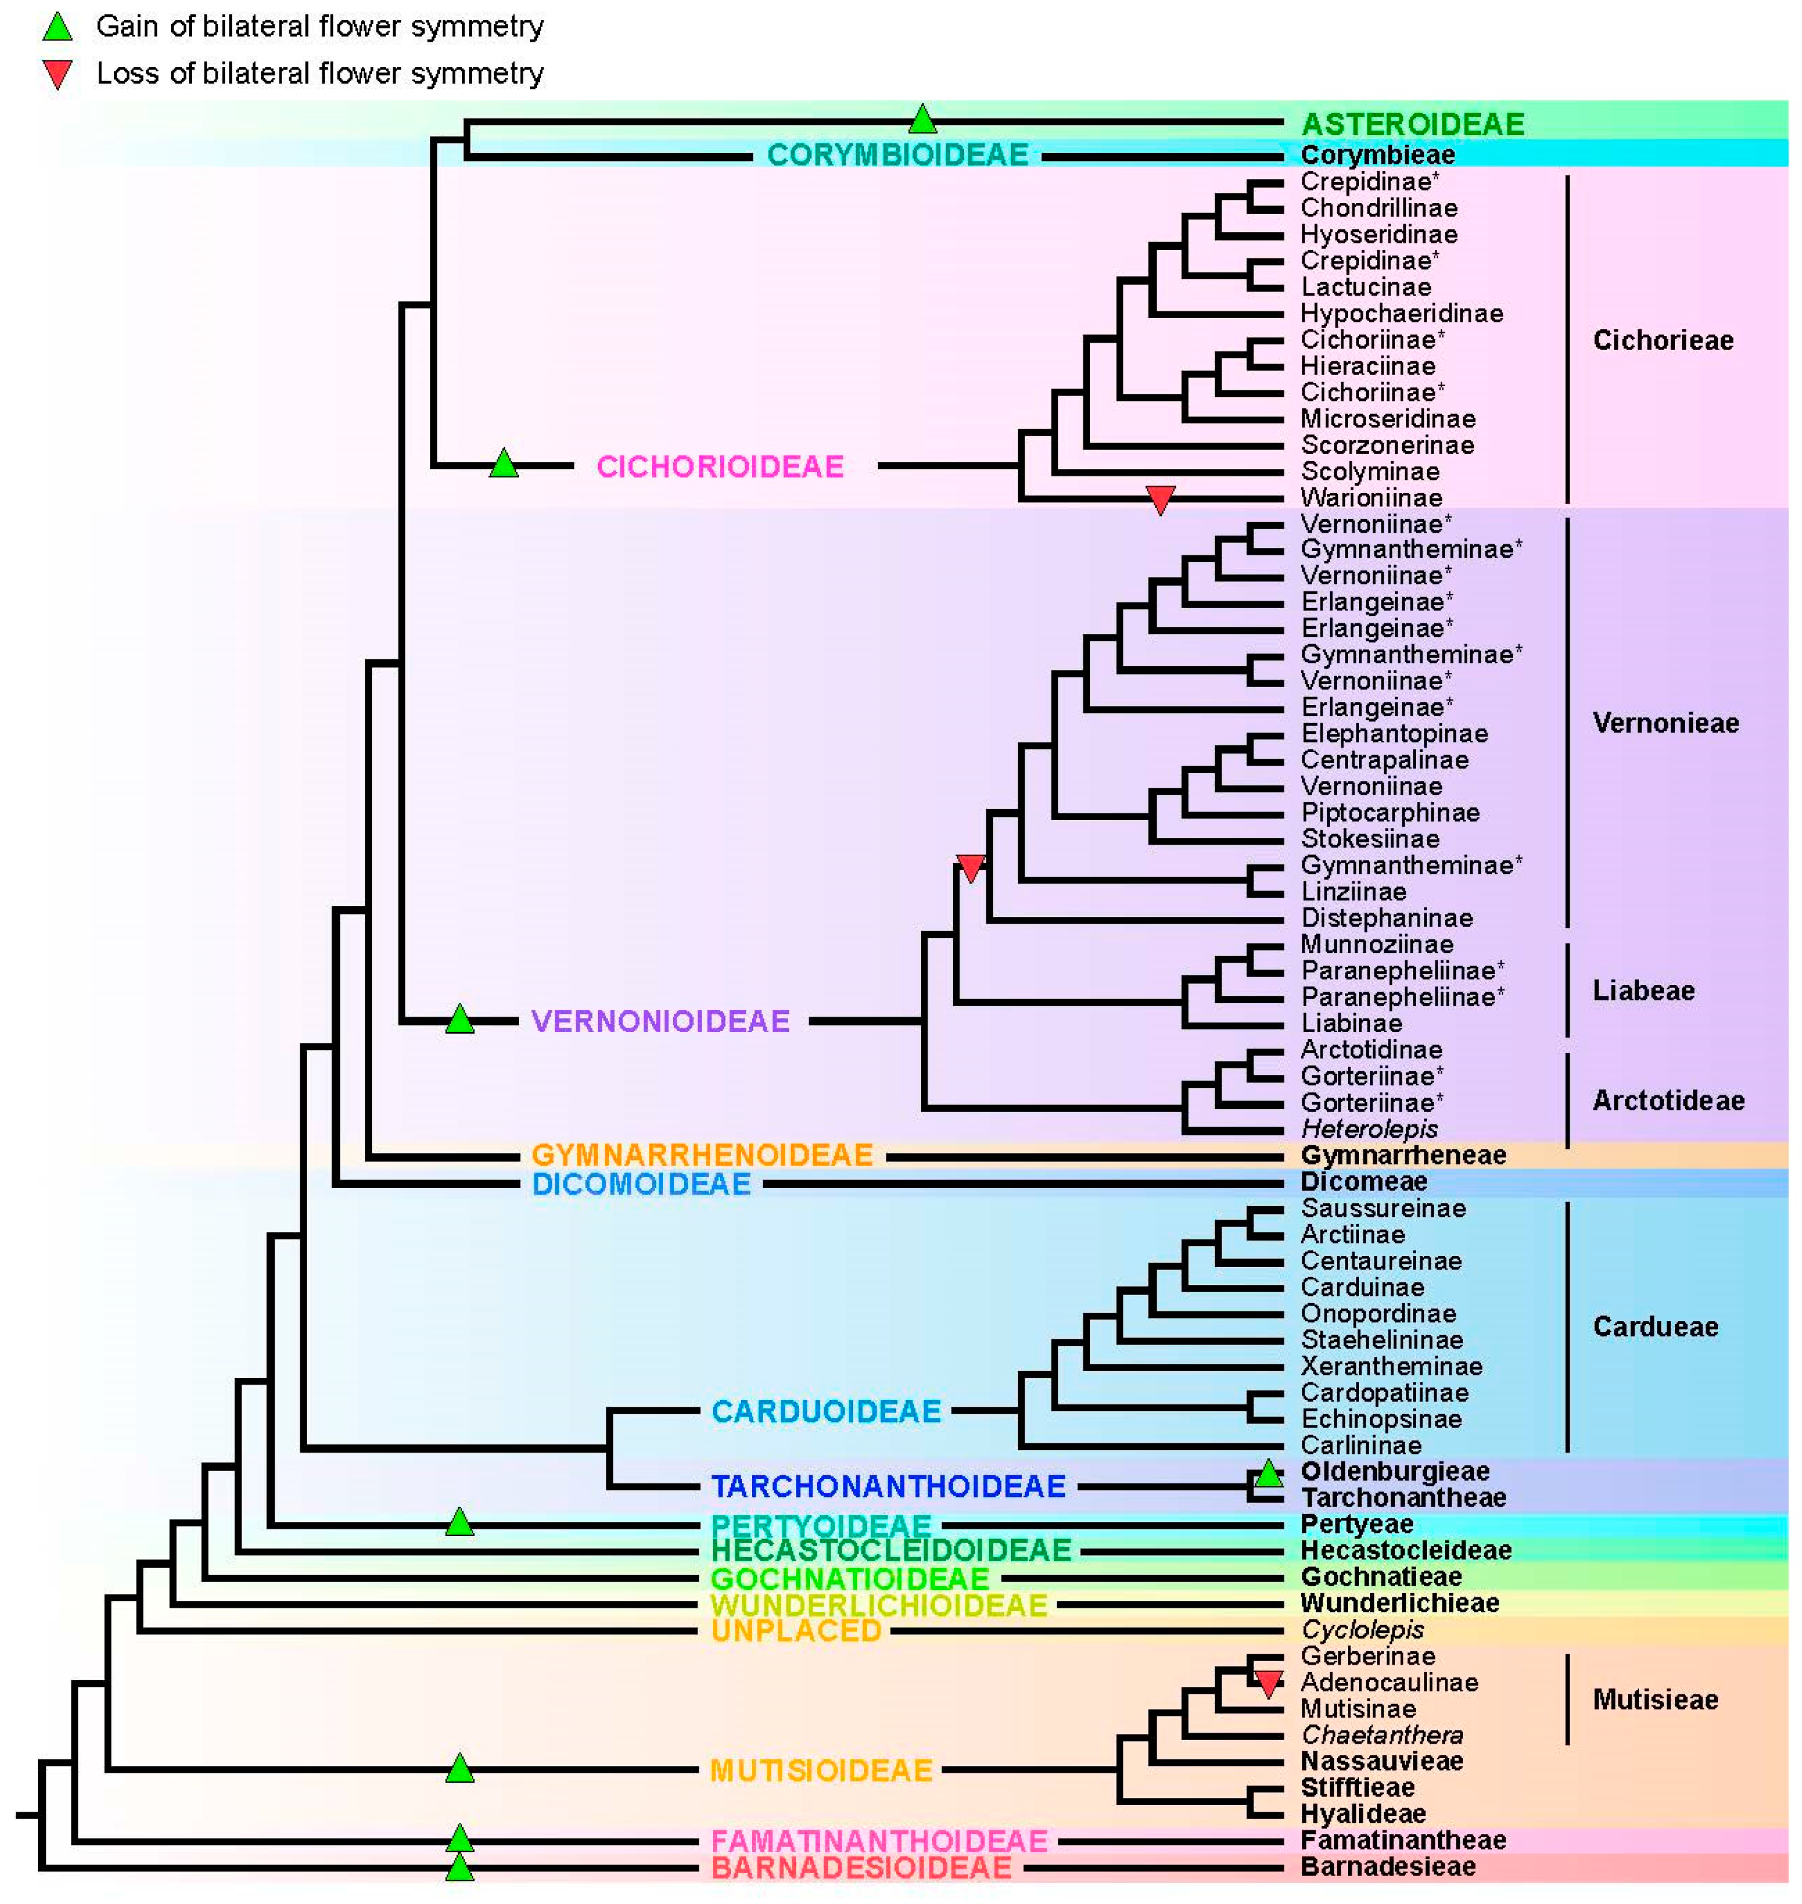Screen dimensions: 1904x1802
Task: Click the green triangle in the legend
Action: (x=58, y=28)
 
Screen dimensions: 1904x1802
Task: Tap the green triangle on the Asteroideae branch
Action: (x=922, y=120)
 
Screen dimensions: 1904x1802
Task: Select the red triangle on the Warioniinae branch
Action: (x=1160, y=498)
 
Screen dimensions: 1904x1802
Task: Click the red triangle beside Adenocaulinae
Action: (x=1269, y=1682)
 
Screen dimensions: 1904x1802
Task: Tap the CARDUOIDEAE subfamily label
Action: (x=826, y=1411)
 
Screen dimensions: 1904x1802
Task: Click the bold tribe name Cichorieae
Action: (x=1662, y=340)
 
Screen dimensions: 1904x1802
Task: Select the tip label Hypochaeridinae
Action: (x=1401, y=313)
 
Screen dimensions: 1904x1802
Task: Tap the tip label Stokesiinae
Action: (x=1370, y=839)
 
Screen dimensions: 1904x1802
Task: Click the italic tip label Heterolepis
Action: (x=1369, y=1129)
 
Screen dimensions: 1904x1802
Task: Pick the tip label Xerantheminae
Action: (x=1391, y=1366)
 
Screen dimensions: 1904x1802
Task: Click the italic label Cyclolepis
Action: (x=1362, y=1629)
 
